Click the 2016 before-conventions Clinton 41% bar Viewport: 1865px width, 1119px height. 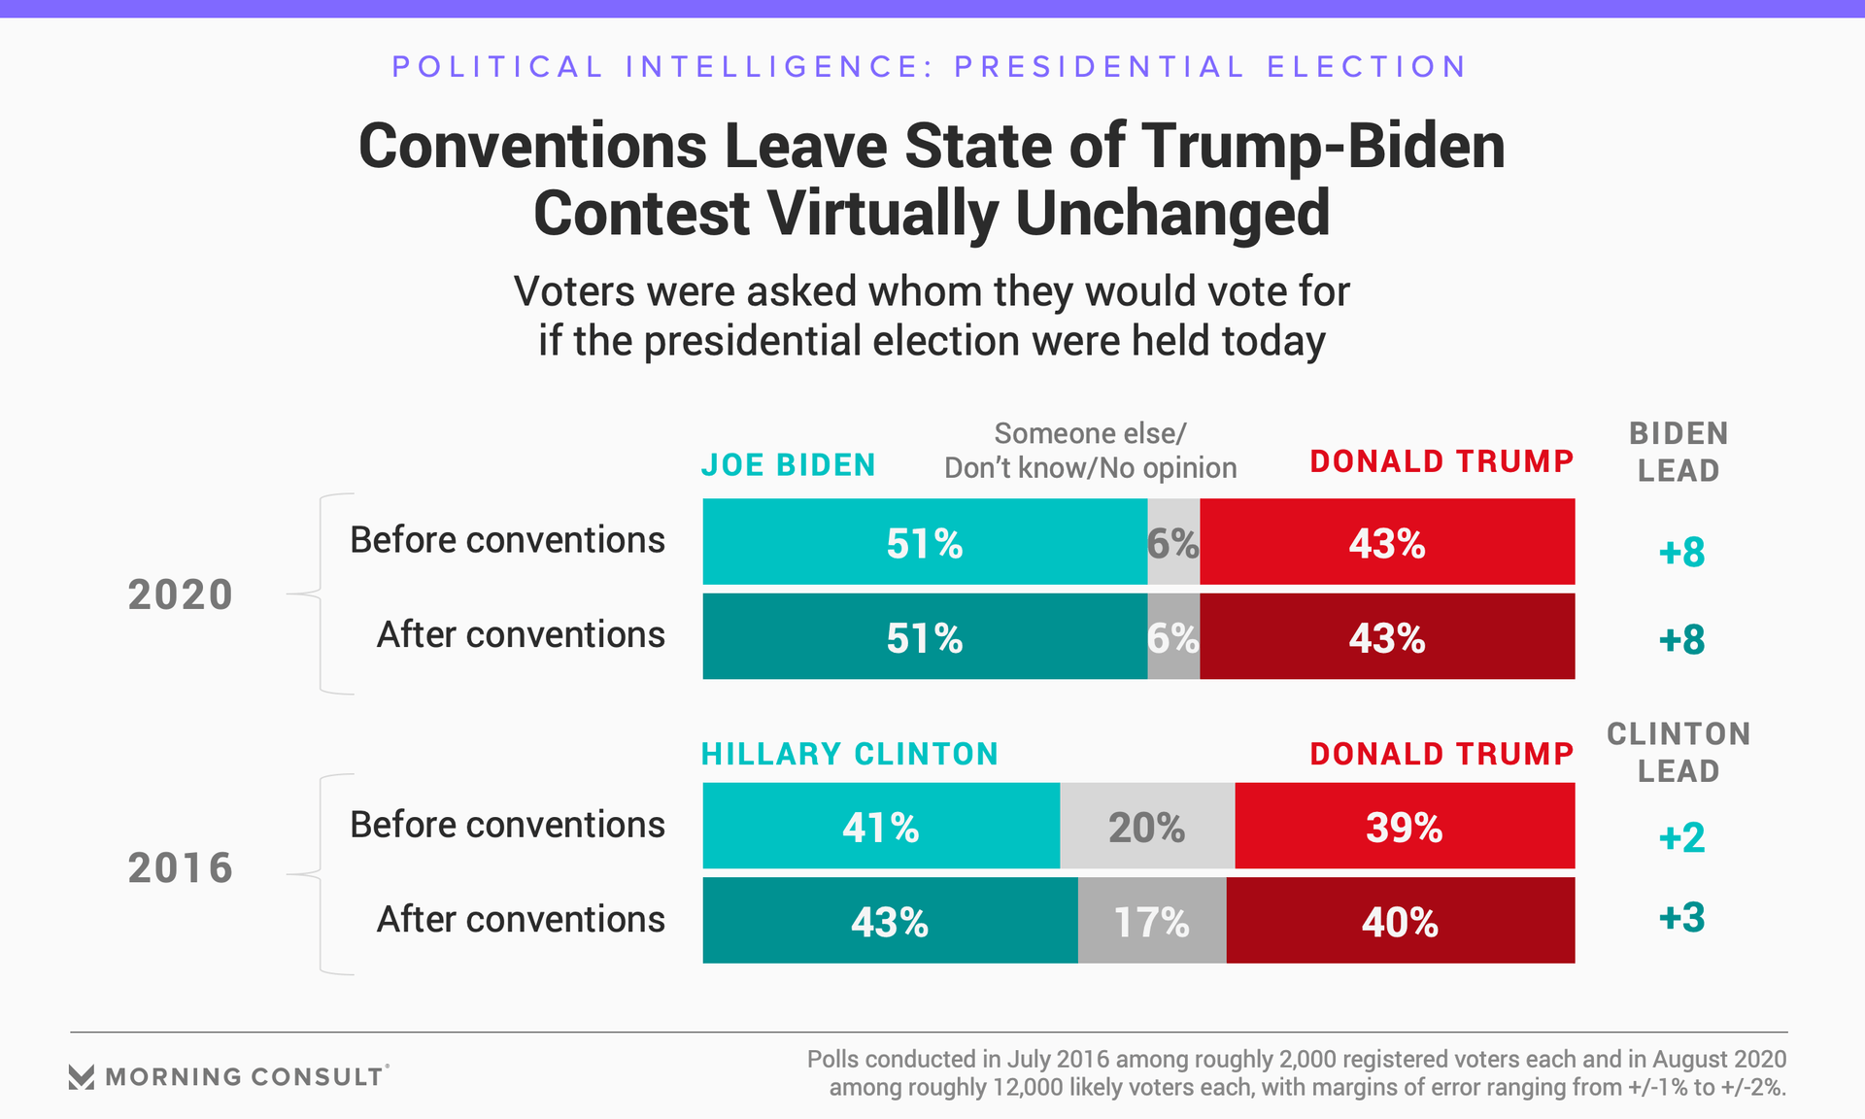(x=880, y=827)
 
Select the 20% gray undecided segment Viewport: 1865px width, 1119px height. (x=1147, y=827)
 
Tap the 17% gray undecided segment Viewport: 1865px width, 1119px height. (x=1152, y=921)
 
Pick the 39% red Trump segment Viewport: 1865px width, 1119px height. (x=1405, y=827)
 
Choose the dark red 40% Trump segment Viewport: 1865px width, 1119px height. (x=1400, y=921)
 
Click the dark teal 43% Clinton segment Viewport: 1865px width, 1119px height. (x=890, y=921)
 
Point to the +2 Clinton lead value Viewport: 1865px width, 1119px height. (x=1681, y=837)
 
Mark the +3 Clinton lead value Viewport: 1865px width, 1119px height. (x=1681, y=917)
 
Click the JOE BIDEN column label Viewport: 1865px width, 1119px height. (x=788, y=465)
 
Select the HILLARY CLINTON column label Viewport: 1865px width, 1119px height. (x=850, y=754)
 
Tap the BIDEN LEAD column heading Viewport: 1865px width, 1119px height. (x=1678, y=452)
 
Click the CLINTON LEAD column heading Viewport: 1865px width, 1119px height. (x=1678, y=752)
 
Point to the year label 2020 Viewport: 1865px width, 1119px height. (x=181, y=594)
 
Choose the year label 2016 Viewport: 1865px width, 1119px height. (x=181, y=867)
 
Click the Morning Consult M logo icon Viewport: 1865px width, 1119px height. (x=82, y=1076)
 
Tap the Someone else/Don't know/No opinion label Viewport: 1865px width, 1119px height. (x=1090, y=451)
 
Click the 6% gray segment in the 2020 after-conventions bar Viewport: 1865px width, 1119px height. (x=1173, y=637)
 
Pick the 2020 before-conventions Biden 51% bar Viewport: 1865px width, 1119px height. (x=924, y=542)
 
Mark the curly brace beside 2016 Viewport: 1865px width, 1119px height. (x=321, y=874)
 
